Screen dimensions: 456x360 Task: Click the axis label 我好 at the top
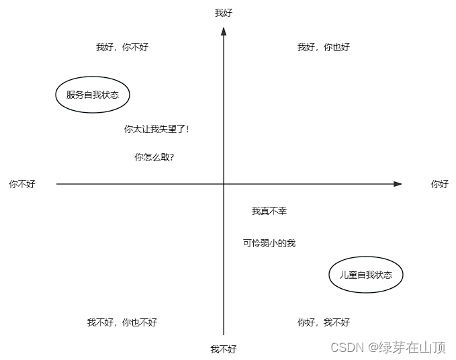point(224,13)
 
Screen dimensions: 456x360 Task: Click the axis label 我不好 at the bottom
point(224,349)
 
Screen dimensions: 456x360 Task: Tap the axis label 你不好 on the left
point(22,184)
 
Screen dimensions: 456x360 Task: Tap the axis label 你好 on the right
point(440,184)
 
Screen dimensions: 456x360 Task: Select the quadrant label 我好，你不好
point(122,47)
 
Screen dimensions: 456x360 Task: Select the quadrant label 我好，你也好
point(324,47)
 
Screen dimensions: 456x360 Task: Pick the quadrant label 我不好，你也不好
point(122,322)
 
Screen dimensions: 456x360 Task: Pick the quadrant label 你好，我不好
point(324,322)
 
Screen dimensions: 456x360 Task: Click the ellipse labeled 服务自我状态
point(92,95)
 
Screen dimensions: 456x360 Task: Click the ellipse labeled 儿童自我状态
point(366,275)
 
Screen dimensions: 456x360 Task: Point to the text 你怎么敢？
point(154,157)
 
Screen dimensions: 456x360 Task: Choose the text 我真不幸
point(269,211)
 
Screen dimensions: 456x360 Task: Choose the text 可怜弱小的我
point(269,243)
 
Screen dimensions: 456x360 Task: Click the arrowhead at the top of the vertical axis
point(224,31)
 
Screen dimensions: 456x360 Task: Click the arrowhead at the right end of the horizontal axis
point(398,184)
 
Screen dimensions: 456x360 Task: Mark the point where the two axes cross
point(224,184)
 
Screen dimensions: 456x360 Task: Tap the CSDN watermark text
point(347,347)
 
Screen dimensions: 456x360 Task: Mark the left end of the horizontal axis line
point(57,184)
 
